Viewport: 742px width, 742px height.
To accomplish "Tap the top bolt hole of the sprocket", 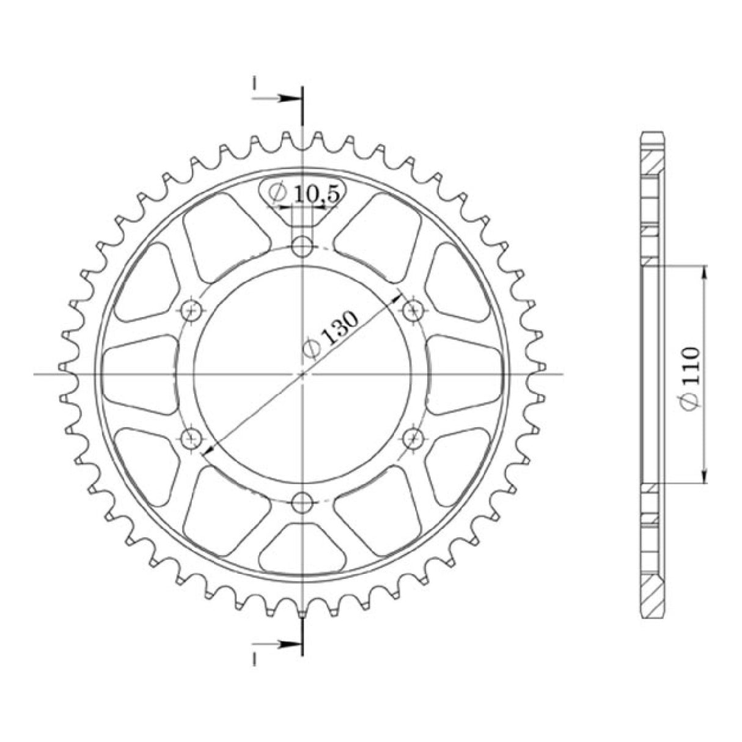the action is click(x=302, y=246).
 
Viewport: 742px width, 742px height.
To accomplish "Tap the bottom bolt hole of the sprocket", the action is click(x=302, y=502).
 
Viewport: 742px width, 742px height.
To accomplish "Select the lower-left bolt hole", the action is click(x=191, y=438).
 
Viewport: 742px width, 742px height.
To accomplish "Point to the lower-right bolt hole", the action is click(x=413, y=438).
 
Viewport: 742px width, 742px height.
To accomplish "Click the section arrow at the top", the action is click(x=276, y=98).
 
